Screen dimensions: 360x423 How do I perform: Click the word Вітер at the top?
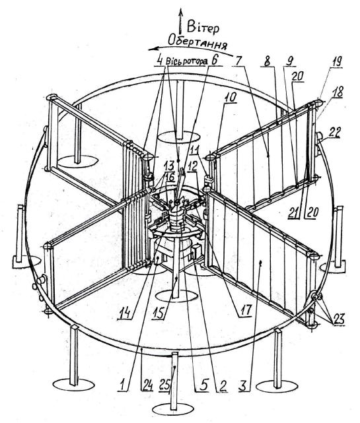[203, 28]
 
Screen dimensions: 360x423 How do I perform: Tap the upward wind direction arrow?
[181, 22]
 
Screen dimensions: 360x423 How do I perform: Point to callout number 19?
[336, 61]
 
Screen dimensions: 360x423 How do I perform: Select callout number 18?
[338, 92]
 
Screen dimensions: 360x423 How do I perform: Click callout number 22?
[335, 133]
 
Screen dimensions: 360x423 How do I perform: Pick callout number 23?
[339, 319]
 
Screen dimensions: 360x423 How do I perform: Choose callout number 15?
[159, 313]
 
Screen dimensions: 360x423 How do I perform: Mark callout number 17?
[245, 310]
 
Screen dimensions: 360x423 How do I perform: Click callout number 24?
[147, 385]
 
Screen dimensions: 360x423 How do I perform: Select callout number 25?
[164, 385]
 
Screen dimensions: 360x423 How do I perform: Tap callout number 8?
[267, 61]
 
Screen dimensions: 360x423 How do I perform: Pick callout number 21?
[294, 212]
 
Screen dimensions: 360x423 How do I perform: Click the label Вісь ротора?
[187, 61]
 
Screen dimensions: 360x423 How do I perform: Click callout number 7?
[238, 61]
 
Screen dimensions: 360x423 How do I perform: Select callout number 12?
[192, 167]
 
